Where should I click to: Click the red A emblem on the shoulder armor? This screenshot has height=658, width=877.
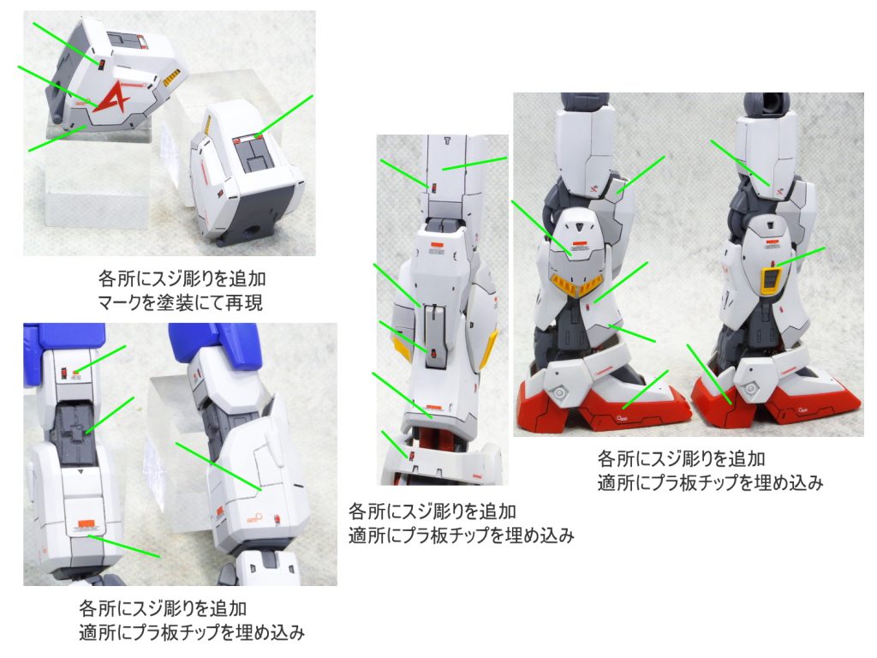tap(116, 98)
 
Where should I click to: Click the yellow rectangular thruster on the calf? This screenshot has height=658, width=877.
tap(772, 280)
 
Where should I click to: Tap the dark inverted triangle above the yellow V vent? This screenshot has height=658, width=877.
tap(580, 226)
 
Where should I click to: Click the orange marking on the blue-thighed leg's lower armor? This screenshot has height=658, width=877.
tap(86, 524)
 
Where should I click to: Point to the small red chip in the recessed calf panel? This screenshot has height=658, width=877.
tap(433, 352)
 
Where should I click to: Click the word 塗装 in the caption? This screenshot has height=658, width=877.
tap(173, 303)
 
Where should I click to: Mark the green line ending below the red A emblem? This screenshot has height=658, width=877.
tap(57, 139)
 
